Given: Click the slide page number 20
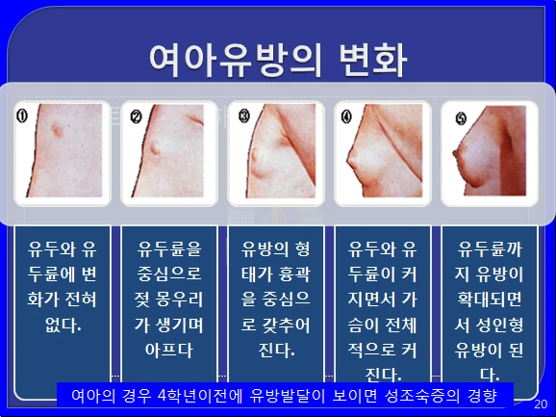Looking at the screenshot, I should click(539, 404).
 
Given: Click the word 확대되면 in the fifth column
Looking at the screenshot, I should click(488, 299).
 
